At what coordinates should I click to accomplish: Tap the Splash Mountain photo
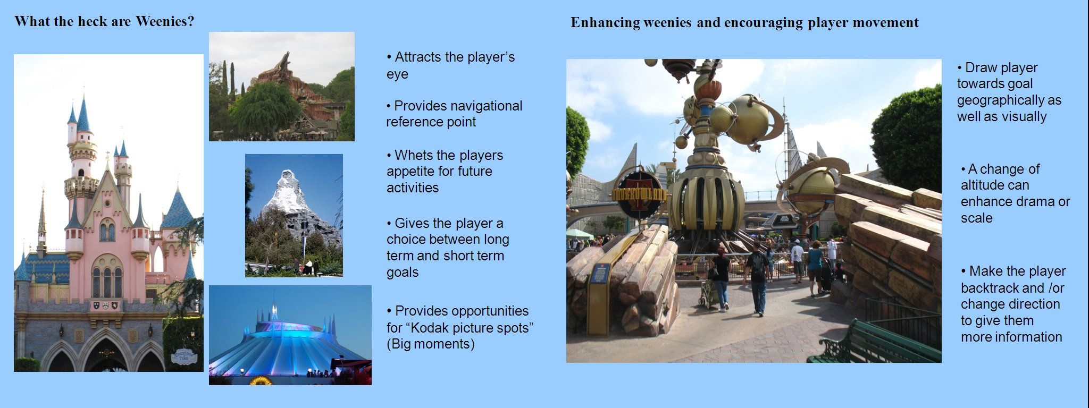[282, 87]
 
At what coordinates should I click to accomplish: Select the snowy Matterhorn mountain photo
[294, 216]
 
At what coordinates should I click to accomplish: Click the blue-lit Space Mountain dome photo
[290, 335]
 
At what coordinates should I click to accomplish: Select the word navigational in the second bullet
[485, 106]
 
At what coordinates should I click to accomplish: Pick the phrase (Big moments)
[431, 344]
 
